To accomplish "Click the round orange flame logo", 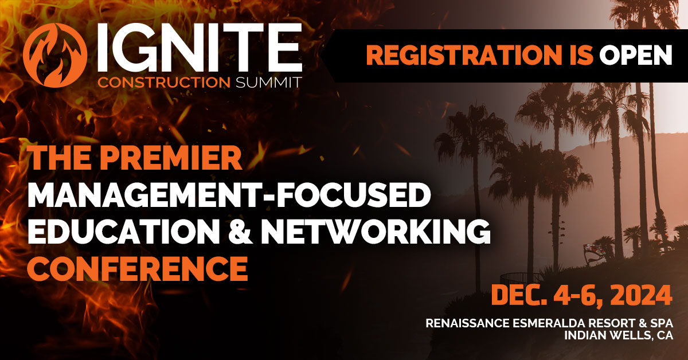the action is (x=55, y=55).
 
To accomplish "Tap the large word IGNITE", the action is (x=198, y=48).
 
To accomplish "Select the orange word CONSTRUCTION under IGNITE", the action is (x=164, y=83).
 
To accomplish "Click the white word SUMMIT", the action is (x=268, y=83).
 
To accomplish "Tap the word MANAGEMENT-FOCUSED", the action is (x=229, y=195).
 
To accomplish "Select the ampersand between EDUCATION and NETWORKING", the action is (x=240, y=233).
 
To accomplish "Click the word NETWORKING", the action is (x=376, y=233).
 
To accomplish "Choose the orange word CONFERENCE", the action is (x=137, y=269).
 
